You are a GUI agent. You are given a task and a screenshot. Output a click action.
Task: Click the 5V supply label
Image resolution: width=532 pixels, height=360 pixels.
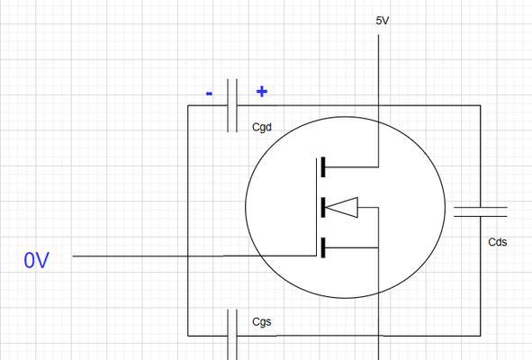pos(382,21)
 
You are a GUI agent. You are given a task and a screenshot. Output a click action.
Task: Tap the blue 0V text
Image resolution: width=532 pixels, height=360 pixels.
pos(36,261)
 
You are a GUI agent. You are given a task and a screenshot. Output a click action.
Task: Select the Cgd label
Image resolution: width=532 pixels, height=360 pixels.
pos(262,127)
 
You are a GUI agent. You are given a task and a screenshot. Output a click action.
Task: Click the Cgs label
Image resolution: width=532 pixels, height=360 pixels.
pos(262,321)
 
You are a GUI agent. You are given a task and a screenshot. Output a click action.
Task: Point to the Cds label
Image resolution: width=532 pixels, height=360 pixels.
pos(498,242)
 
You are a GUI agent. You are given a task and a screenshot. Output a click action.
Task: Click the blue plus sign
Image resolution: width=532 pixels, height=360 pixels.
pos(262,92)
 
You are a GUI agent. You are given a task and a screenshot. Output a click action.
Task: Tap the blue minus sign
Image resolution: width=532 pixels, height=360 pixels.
pos(210,94)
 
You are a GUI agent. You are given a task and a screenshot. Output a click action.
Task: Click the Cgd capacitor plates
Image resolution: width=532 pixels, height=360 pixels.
pos(232,105)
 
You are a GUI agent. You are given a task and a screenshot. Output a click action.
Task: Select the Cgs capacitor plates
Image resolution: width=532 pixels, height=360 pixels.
pos(232,335)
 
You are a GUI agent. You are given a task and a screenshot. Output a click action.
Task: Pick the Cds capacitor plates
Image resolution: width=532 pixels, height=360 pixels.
pos(481,211)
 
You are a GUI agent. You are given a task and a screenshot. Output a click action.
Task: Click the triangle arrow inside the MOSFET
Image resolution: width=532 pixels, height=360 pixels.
pos(342,207)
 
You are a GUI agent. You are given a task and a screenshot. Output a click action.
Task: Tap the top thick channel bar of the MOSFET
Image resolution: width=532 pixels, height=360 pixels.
pos(323,166)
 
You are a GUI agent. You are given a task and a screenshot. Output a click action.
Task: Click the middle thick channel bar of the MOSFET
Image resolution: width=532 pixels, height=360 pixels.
pos(323,207)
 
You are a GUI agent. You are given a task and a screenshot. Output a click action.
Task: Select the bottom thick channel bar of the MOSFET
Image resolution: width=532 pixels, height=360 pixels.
pos(323,247)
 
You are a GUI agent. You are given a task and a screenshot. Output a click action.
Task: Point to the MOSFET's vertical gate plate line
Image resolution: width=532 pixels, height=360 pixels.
pos(316,207)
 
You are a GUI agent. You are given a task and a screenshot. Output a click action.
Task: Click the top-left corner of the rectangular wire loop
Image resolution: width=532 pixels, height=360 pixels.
pos(188,105)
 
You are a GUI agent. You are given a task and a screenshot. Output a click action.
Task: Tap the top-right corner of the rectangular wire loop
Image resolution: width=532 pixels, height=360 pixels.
pos(481,105)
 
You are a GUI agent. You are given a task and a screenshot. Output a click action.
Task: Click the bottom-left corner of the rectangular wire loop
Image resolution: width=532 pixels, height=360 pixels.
pos(188,336)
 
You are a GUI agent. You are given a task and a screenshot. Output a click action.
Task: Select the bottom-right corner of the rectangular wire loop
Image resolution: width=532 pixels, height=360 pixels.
pos(481,336)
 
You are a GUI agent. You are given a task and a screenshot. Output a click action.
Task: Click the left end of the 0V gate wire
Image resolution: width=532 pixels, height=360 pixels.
pos(73,256)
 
